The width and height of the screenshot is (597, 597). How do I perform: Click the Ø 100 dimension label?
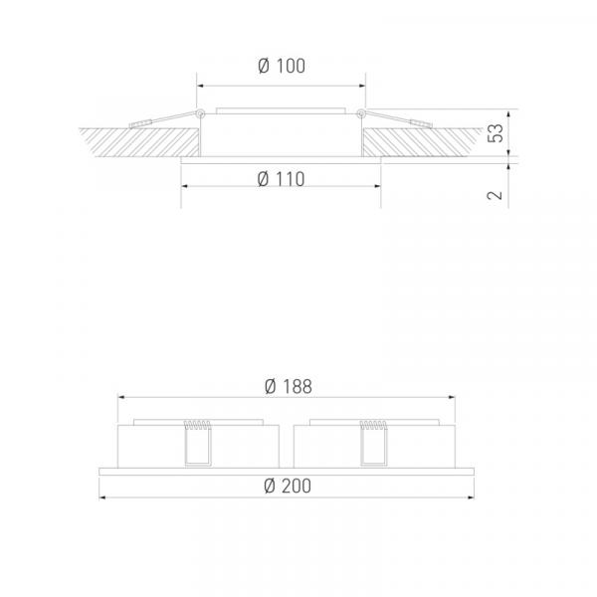(x=282, y=66)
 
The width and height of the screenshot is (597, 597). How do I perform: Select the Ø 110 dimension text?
(x=281, y=179)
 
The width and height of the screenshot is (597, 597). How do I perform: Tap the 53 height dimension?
(x=496, y=133)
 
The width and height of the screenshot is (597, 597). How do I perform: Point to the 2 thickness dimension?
(x=495, y=195)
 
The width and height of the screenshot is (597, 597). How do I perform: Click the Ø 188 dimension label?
(x=289, y=386)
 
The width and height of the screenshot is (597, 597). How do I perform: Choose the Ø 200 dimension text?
(x=288, y=487)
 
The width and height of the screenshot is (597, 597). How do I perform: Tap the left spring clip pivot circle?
(x=200, y=113)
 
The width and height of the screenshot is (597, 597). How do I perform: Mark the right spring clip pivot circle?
(x=361, y=113)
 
